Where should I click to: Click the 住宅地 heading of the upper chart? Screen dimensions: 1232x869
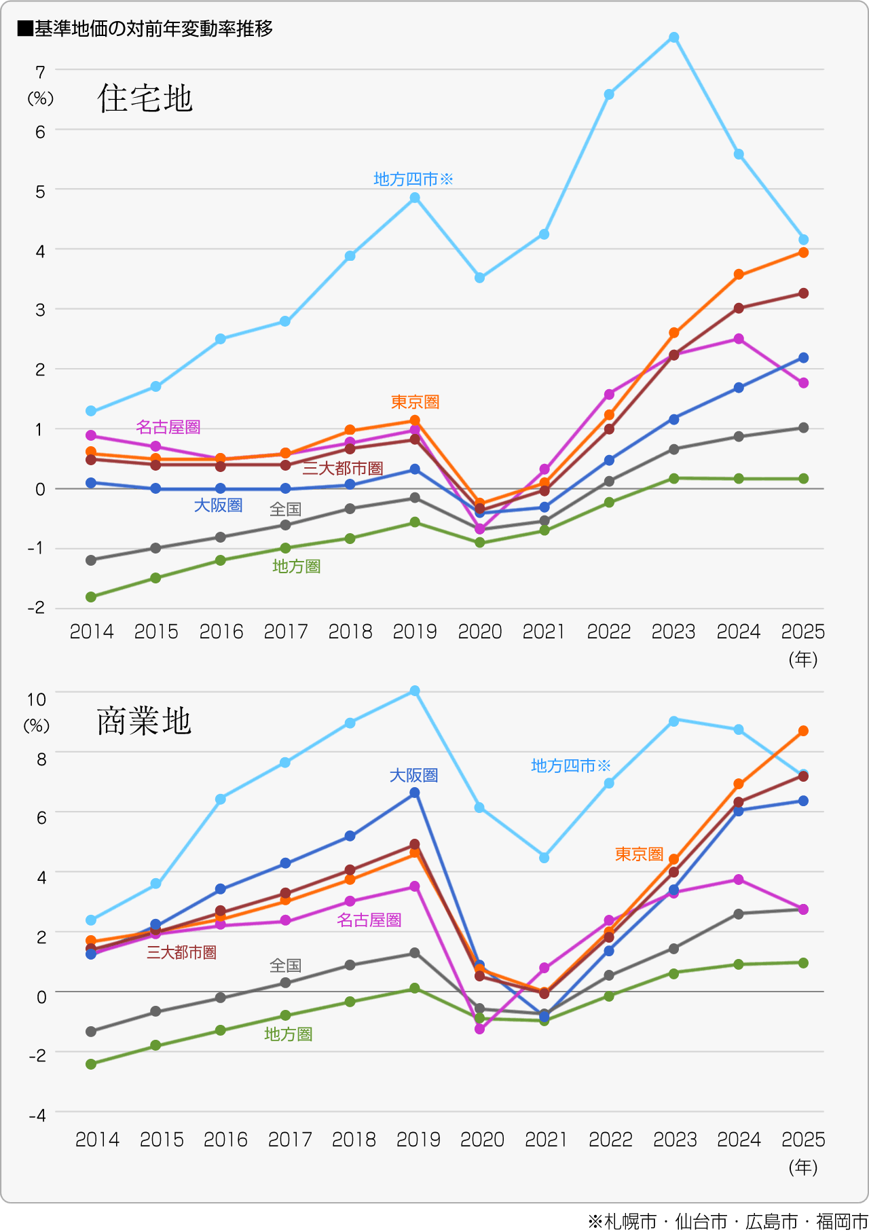coord(145,98)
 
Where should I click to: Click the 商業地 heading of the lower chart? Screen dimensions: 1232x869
coord(144,721)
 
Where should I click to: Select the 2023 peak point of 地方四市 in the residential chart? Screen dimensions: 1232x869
coord(673,37)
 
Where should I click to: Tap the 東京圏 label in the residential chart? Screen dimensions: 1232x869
coord(415,402)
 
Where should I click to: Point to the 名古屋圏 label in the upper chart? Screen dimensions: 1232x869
coord(168,427)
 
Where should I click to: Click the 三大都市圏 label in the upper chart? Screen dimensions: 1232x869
coord(343,469)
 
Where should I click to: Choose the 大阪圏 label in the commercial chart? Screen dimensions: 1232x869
coord(413,775)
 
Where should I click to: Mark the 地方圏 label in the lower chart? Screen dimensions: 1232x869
coord(288,1034)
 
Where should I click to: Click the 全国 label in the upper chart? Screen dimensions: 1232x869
coord(285,509)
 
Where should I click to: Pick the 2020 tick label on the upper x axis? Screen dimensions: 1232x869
coord(479,632)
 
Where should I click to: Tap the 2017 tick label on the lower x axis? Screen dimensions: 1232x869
coord(290,1139)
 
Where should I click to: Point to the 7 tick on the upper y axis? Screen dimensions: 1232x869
coord(41,72)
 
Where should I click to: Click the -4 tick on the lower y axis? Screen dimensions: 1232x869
coord(37,1115)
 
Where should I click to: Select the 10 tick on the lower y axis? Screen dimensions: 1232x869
coord(36,699)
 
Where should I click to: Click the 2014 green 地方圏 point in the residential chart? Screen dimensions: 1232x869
coord(91,597)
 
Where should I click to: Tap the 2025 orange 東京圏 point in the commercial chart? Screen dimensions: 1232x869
coord(803,731)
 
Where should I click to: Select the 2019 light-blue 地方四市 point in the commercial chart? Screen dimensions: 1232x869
coord(415,691)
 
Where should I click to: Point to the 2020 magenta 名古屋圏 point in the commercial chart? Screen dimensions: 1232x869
coord(480,1029)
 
